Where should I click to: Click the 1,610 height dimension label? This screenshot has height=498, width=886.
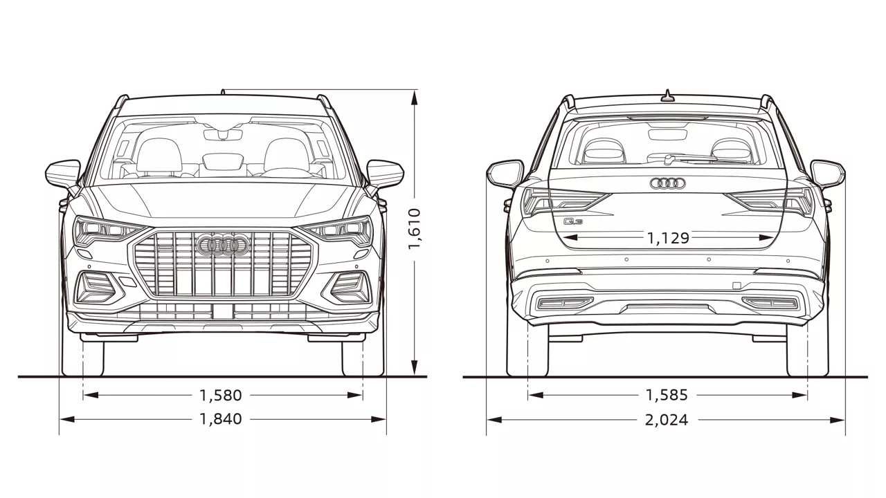coord(414,228)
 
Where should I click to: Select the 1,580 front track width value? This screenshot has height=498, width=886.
coord(221,396)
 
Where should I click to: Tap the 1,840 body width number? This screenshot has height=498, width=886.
coord(221,419)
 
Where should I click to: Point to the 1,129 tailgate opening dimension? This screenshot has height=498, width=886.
coord(668,238)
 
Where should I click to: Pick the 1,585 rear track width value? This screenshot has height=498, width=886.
coord(667,396)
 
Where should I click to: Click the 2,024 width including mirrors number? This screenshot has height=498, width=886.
coord(667,420)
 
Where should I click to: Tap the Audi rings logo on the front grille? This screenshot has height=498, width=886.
coord(223,245)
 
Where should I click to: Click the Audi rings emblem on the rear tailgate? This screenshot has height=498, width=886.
coord(667,183)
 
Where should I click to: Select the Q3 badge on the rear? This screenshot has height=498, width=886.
coord(573,222)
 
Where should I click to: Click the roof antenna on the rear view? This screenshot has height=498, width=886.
coord(667,95)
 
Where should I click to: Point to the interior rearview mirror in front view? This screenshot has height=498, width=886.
coord(223,134)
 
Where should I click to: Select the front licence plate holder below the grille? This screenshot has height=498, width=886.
coord(223,311)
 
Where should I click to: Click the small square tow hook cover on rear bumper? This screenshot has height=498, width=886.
coord(736,286)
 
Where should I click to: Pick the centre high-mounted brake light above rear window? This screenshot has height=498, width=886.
coord(667,118)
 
